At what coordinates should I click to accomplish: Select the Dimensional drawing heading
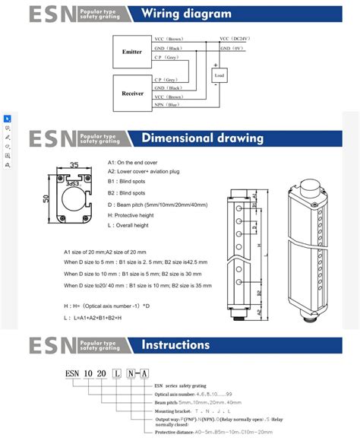(202, 138)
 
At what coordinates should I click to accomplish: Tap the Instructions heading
(175, 344)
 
